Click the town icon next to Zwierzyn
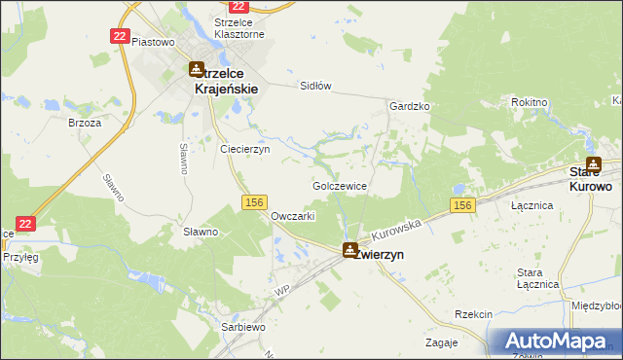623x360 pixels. click(348, 250)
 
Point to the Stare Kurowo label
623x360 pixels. click(590, 179)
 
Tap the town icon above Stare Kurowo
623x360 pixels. click(593, 164)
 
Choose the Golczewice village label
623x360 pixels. click(339, 185)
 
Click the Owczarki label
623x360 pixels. click(293, 216)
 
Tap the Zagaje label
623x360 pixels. click(441, 342)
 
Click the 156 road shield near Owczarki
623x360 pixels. click(253, 201)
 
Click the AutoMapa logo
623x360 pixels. click(556, 341)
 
